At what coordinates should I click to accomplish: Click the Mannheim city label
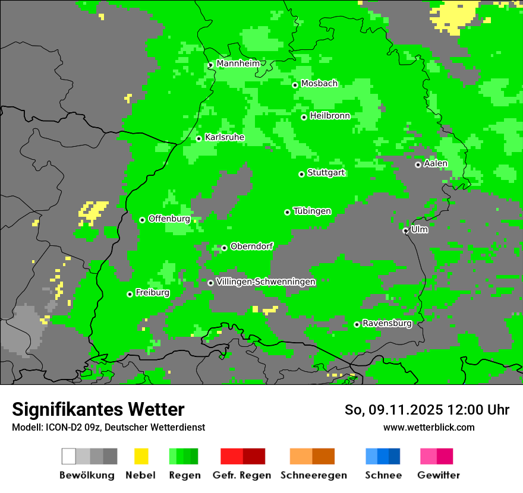click(x=238, y=64)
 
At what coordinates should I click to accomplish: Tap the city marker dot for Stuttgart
click(x=302, y=174)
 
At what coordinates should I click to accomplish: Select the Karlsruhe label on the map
click(x=225, y=137)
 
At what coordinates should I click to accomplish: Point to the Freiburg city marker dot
click(x=130, y=294)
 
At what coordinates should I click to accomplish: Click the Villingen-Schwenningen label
click(x=266, y=282)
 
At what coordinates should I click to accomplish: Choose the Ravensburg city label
click(x=387, y=323)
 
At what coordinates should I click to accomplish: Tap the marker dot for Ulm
click(x=405, y=230)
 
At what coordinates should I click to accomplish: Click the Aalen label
click(x=436, y=163)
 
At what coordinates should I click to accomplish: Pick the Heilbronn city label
click(x=330, y=116)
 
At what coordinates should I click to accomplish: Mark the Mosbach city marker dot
click(x=295, y=85)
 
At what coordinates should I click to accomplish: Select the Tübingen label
click(x=312, y=211)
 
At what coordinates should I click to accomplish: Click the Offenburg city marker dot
click(x=142, y=220)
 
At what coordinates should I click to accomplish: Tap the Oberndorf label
click(x=251, y=246)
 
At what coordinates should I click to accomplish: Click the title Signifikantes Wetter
click(x=98, y=409)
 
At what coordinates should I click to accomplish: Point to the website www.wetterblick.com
click(x=429, y=427)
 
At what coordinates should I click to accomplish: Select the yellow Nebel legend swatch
click(x=141, y=456)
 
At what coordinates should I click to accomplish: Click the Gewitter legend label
click(x=439, y=475)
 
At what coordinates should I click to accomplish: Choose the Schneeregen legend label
click(x=313, y=475)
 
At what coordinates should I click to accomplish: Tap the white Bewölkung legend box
click(x=69, y=456)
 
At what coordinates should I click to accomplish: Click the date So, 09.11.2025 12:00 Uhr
click(x=427, y=410)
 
